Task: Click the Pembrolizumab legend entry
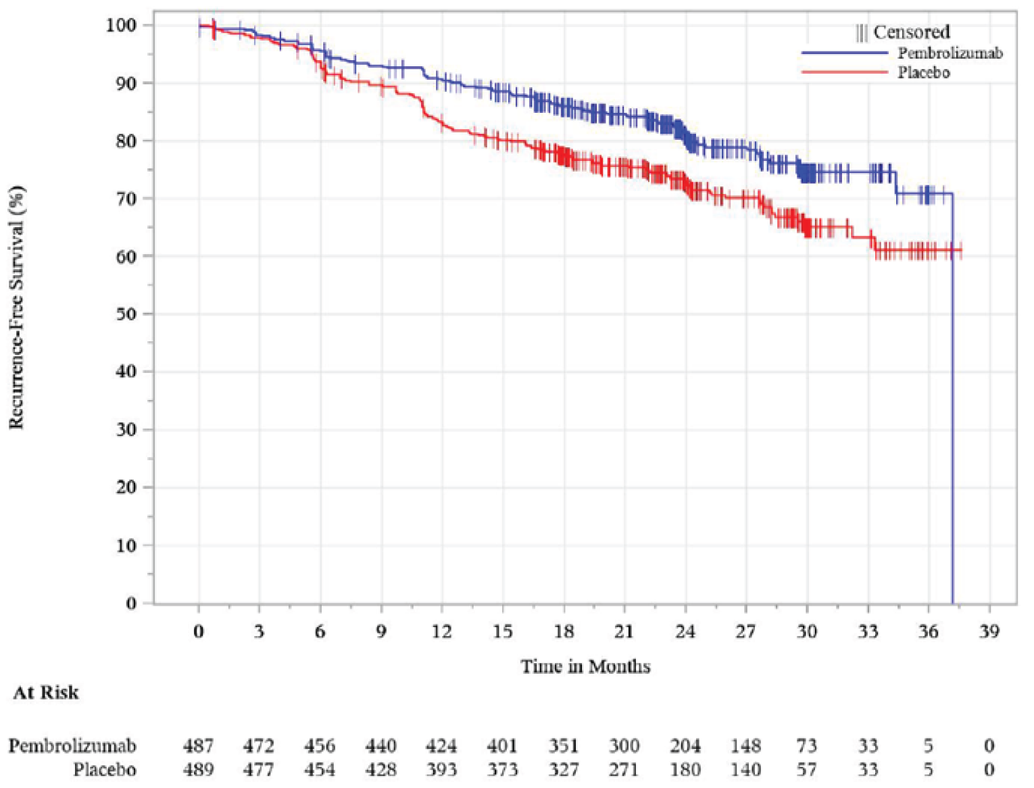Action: pyautogui.click(x=950, y=53)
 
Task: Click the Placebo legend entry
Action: pyautogui.click(x=923, y=72)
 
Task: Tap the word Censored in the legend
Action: pyautogui.click(x=911, y=32)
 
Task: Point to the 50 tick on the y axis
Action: pyautogui.click(x=126, y=314)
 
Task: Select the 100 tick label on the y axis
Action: pyautogui.click(x=121, y=25)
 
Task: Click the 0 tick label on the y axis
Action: pyautogui.click(x=131, y=603)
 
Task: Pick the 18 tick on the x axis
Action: pyautogui.click(x=564, y=631)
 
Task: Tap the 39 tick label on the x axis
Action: pyautogui.click(x=989, y=631)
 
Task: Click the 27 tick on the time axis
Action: pyautogui.click(x=745, y=631)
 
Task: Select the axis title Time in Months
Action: pyautogui.click(x=585, y=666)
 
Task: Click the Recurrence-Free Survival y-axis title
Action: pyautogui.click(x=17, y=307)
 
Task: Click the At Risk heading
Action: pyautogui.click(x=46, y=693)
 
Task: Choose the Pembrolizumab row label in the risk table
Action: pyautogui.click(x=72, y=745)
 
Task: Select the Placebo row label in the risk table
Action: pyautogui.click(x=105, y=769)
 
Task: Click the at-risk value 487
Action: pyautogui.click(x=198, y=745)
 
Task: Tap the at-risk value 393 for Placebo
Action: pyautogui.click(x=441, y=769)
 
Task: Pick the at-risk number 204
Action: pyautogui.click(x=685, y=745)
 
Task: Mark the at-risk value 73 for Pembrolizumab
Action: pyautogui.click(x=806, y=745)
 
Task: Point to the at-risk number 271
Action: pyautogui.click(x=624, y=769)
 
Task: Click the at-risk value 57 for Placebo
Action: pyautogui.click(x=806, y=769)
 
